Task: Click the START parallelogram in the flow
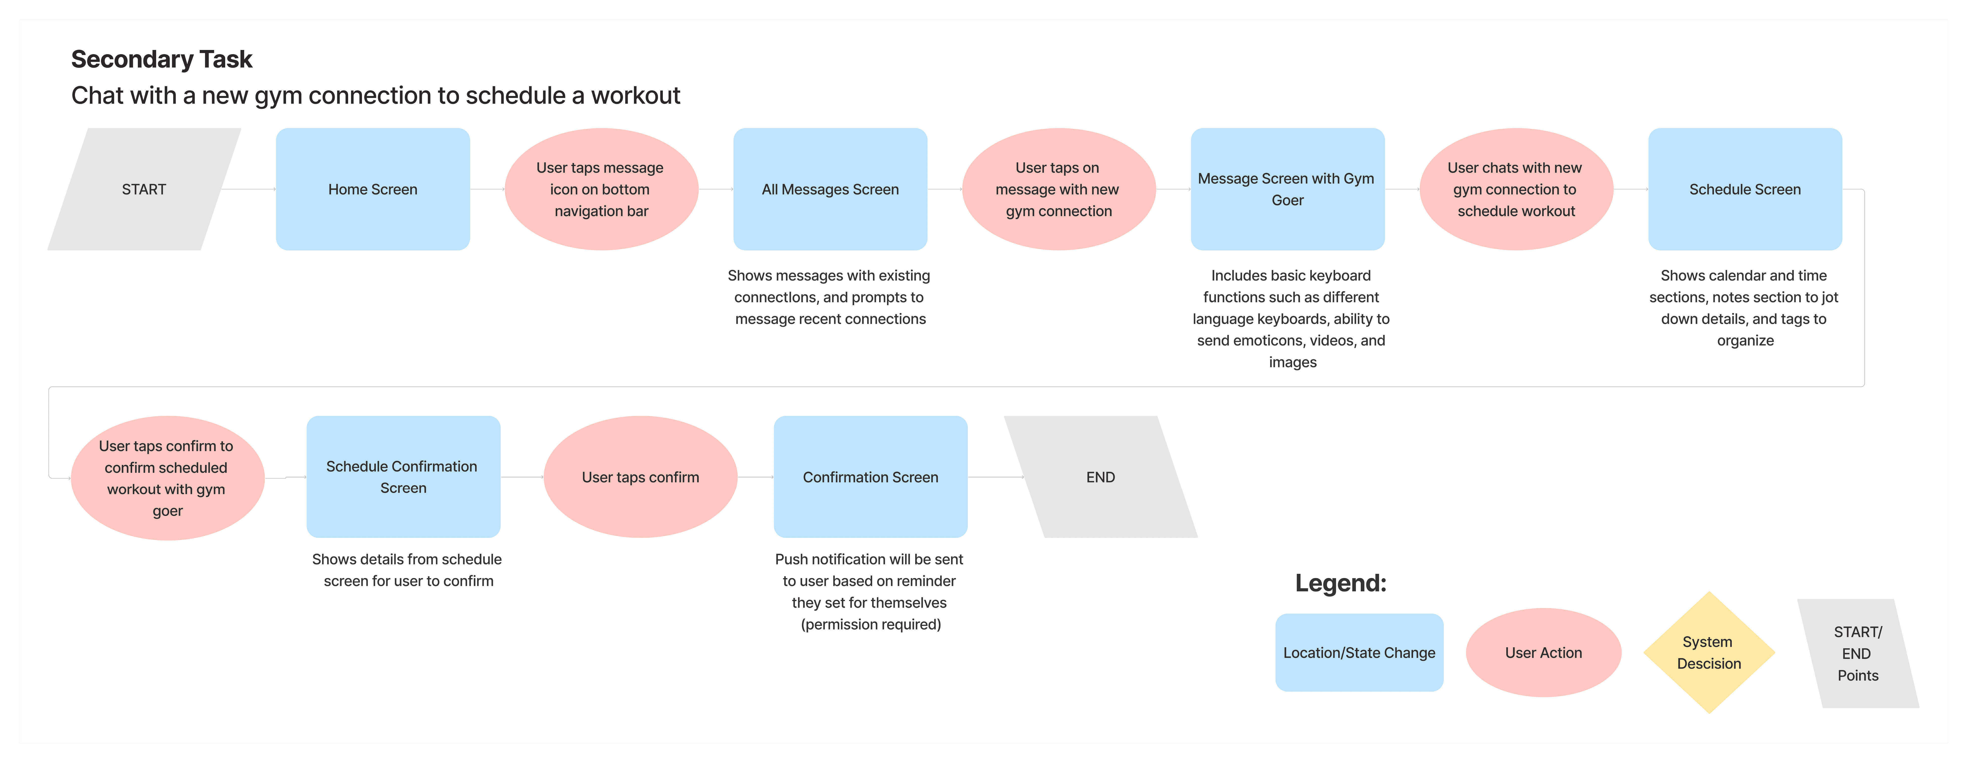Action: click(144, 189)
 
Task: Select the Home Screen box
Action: click(373, 189)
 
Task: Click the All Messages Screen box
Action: click(830, 189)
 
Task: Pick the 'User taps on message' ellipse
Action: click(1058, 189)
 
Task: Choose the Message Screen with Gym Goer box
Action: click(1287, 189)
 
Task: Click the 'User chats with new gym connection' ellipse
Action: click(1516, 189)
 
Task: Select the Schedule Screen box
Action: click(1745, 189)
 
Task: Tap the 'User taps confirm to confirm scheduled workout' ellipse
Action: click(167, 478)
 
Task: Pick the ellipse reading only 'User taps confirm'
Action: click(640, 477)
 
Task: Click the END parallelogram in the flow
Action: click(1100, 477)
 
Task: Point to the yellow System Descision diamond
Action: click(1709, 652)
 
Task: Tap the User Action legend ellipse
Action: click(1543, 652)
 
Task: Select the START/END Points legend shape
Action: click(1857, 653)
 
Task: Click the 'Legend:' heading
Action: click(1340, 583)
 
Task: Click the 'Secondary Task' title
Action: click(161, 59)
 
